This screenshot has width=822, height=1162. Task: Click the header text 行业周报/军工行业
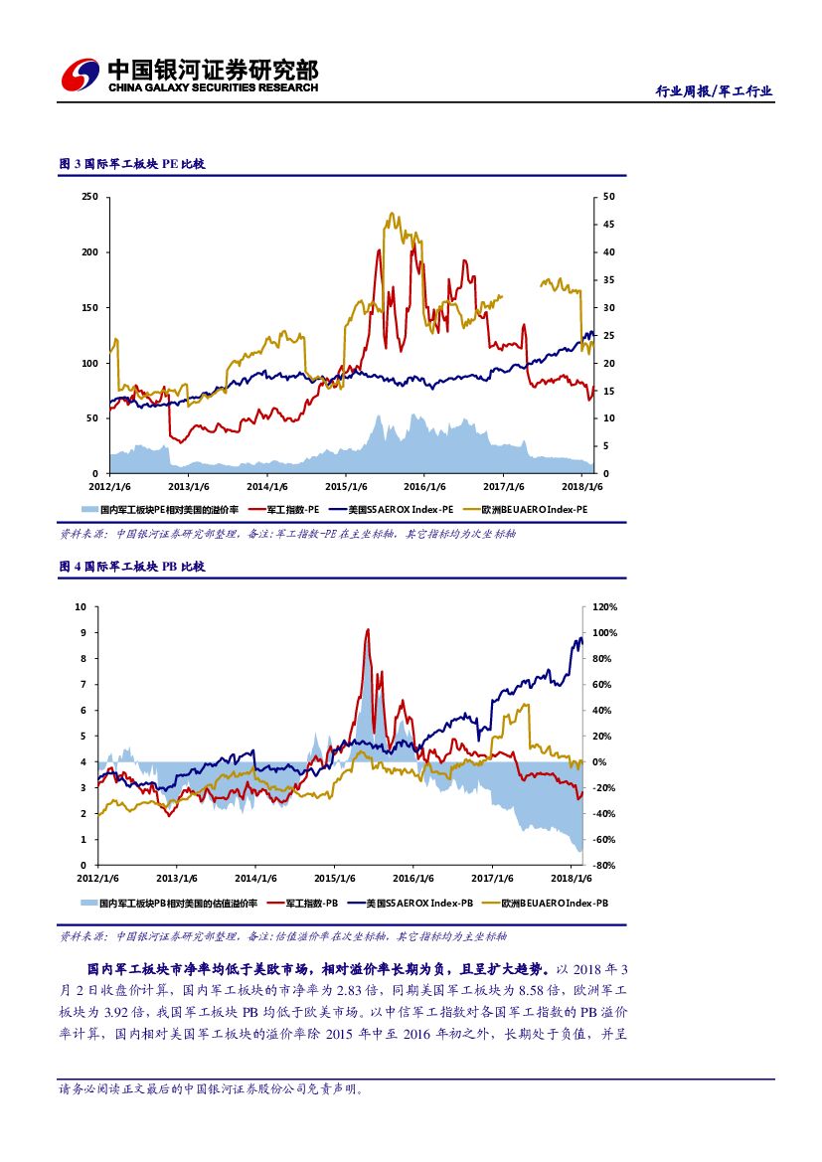[714, 91]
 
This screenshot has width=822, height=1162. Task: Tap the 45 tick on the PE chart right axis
[609, 225]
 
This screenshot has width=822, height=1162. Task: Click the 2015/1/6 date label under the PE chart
[347, 486]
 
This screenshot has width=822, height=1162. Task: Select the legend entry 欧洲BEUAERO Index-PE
[535, 509]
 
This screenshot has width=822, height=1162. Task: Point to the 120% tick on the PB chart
[605, 606]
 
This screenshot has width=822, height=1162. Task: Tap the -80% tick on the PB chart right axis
[604, 866]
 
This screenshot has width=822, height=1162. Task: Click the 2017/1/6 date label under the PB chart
[492, 878]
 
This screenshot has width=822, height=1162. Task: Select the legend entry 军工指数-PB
[312, 903]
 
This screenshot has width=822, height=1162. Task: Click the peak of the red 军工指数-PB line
[368, 629]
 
